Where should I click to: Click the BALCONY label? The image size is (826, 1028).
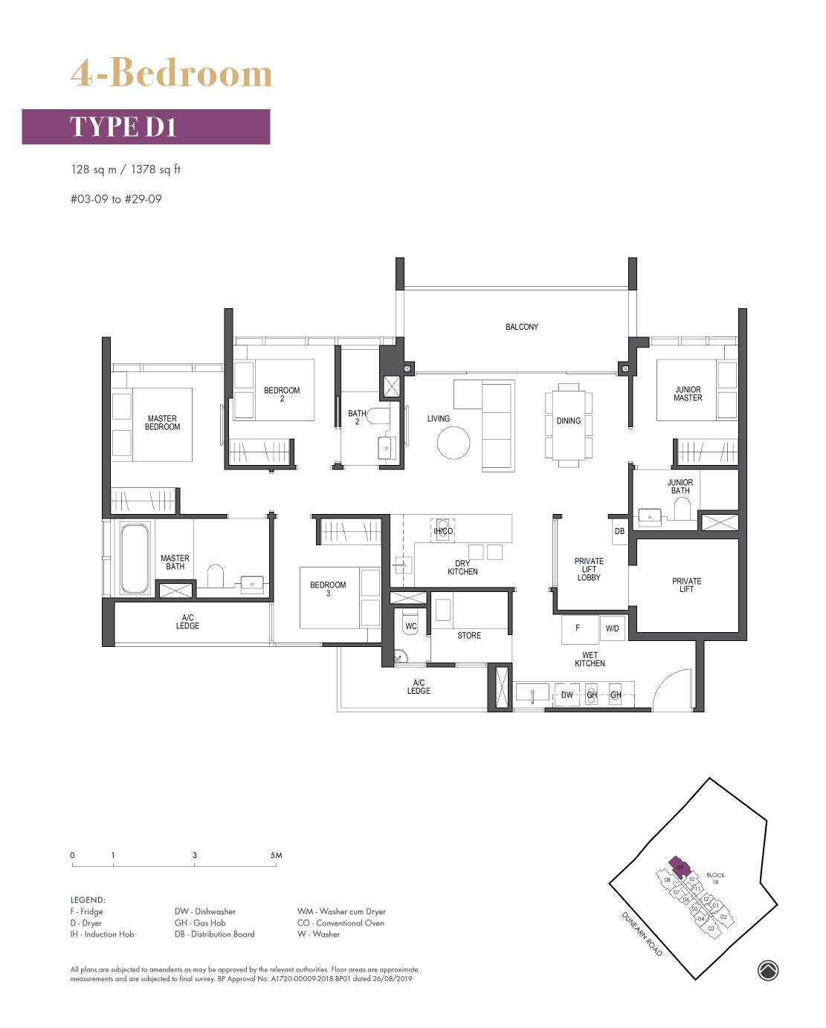click(521, 327)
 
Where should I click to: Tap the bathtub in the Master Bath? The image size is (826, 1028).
click(134, 558)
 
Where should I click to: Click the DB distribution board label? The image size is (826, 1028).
click(619, 531)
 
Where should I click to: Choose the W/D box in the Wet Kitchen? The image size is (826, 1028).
click(612, 628)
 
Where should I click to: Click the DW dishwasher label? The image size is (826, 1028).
click(567, 694)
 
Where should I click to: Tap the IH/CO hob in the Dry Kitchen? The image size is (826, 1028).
click(443, 531)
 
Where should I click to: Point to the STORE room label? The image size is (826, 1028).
click(468, 635)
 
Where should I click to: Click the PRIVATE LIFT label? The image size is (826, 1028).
click(686, 585)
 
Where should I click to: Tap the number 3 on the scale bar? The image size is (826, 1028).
click(195, 855)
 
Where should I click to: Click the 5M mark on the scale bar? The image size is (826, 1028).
click(276, 855)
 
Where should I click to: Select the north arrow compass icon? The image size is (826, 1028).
click(768, 970)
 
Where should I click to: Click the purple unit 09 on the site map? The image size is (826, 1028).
click(679, 866)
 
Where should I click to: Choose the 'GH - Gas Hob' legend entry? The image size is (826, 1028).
click(200, 923)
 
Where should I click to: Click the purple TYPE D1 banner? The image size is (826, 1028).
click(146, 126)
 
